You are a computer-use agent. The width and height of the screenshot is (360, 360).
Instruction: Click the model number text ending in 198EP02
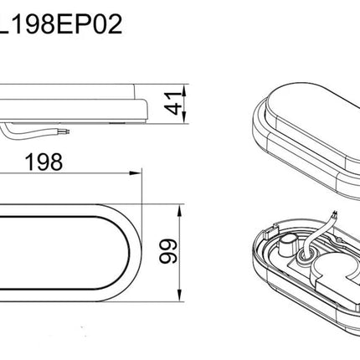tap(61, 24)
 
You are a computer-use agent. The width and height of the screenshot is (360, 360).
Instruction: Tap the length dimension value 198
tap(44, 162)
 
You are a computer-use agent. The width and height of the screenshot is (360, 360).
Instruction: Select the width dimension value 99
tap(168, 251)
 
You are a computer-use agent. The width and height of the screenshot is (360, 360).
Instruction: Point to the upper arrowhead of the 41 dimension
tap(184, 90)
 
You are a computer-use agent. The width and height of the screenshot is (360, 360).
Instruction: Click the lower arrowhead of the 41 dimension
tap(184, 117)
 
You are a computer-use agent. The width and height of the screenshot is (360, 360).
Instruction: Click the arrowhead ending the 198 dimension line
tap(136, 173)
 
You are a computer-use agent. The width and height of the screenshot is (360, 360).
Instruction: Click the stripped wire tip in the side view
tap(67, 131)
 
